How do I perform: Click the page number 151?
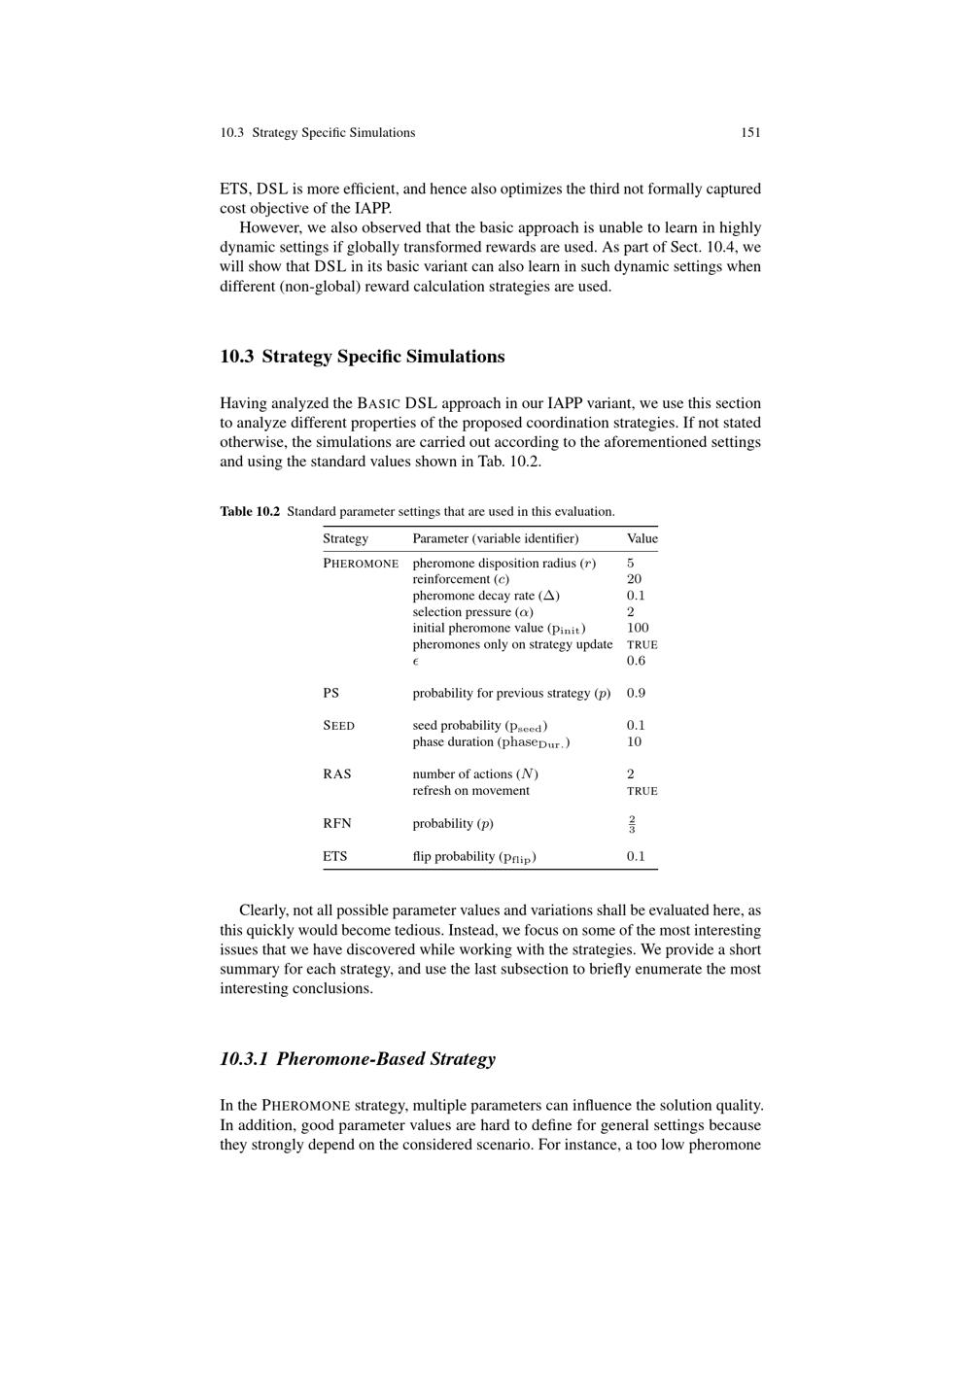(x=750, y=132)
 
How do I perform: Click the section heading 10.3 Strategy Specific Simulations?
(x=362, y=357)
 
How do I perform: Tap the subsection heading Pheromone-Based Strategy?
(x=358, y=1058)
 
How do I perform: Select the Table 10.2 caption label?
(x=250, y=511)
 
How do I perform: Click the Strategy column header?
(x=345, y=538)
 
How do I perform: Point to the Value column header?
(x=642, y=538)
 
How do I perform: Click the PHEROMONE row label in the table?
(x=361, y=564)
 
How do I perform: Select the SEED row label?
(x=338, y=726)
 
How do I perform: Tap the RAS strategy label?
(x=337, y=774)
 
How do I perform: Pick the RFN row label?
(x=337, y=823)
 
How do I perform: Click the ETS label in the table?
(x=334, y=856)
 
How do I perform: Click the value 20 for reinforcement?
(x=634, y=579)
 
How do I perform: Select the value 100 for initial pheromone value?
(x=638, y=628)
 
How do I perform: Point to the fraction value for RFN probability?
(x=632, y=824)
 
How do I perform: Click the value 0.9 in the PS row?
(x=636, y=693)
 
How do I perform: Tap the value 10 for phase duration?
(x=634, y=741)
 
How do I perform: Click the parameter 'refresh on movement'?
(x=470, y=790)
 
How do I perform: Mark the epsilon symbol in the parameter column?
(x=415, y=662)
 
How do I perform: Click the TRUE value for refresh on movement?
(x=642, y=791)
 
